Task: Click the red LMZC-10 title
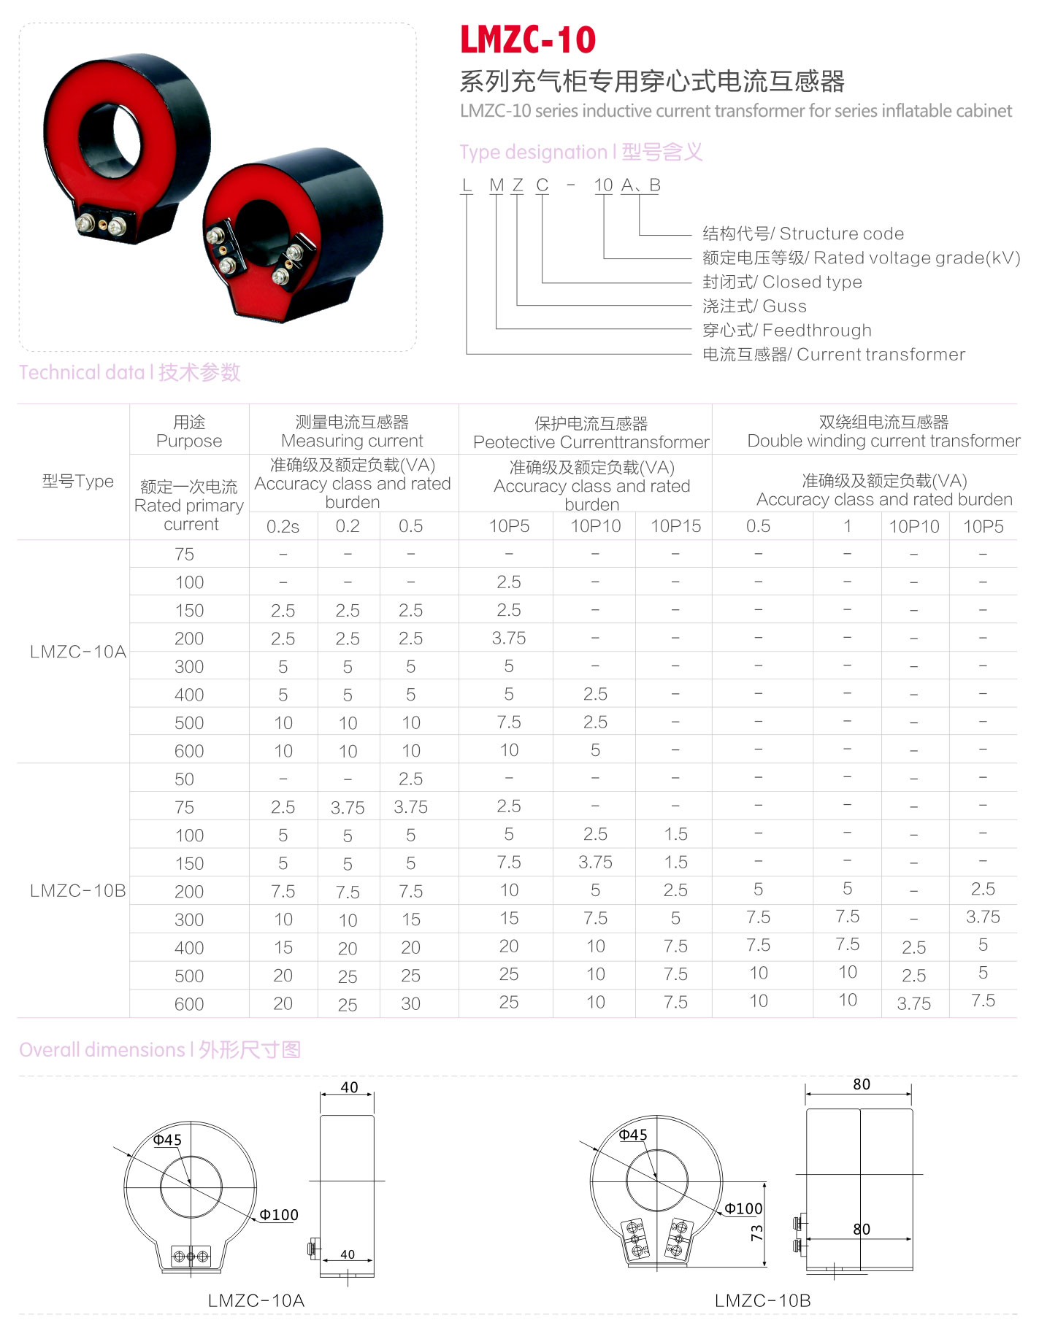coord(528,39)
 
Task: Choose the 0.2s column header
coord(283,526)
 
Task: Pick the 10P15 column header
coord(675,526)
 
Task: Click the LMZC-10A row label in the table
coord(78,652)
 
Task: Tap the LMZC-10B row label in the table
coord(78,891)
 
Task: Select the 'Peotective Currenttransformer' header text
coord(591,442)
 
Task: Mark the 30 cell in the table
coord(410,1003)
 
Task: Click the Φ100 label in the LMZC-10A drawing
coord(279,1215)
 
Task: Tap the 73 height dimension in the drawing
coord(756,1232)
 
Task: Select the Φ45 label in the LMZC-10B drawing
coord(633,1135)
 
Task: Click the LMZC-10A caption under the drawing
coord(256,1300)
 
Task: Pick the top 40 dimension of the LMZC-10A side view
coord(349,1087)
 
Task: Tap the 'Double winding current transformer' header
coord(883,441)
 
